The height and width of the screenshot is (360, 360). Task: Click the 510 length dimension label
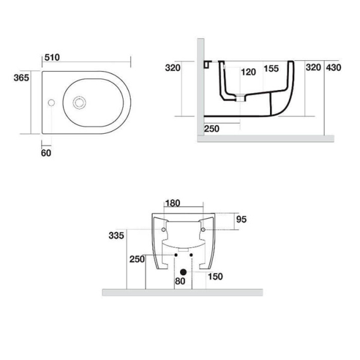point(52,58)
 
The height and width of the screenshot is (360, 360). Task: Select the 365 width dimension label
point(22,78)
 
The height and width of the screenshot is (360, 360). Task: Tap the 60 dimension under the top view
point(46,153)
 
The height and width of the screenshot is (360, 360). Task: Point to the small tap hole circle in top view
point(51,103)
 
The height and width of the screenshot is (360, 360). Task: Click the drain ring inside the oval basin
point(79,103)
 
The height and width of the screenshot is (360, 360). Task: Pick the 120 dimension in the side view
point(248,72)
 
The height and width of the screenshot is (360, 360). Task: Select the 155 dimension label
point(271,68)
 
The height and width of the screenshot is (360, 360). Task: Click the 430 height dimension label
point(333,68)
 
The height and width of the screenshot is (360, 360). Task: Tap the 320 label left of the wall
point(173,68)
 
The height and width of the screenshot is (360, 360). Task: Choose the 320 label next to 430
point(313,67)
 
